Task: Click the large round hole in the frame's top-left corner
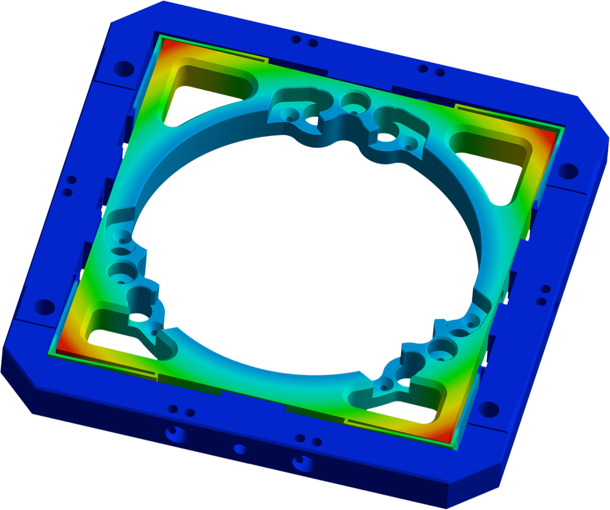click(124, 69)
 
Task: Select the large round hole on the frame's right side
click(567, 171)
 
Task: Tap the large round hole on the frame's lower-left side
click(45, 307)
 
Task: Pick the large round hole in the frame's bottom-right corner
click(488, 410)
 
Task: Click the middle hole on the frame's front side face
click(240, 449)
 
